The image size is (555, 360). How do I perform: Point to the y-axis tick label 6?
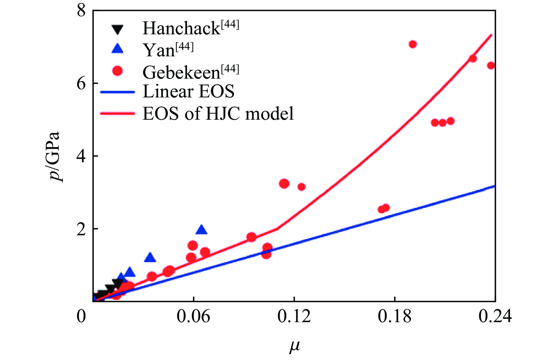click(81, 84)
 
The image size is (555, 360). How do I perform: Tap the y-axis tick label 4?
click(81, 156)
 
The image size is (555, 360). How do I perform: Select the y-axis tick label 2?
click(81, 229)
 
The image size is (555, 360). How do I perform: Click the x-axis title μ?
click(295, 346)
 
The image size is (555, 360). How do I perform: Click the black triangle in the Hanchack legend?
click(117, 29)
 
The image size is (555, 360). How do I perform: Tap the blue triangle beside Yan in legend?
click(117, 49)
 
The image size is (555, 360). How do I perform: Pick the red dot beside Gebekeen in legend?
click(117, 71)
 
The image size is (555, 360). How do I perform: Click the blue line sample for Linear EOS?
click(117, 92)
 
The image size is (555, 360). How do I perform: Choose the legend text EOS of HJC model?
click(218, 114)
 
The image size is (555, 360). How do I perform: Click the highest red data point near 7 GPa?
click(413, 44)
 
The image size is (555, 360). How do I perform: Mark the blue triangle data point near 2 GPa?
click(201, 230)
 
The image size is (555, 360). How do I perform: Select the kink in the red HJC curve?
click(277, 229)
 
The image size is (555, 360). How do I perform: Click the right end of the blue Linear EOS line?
click(495, 186)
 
